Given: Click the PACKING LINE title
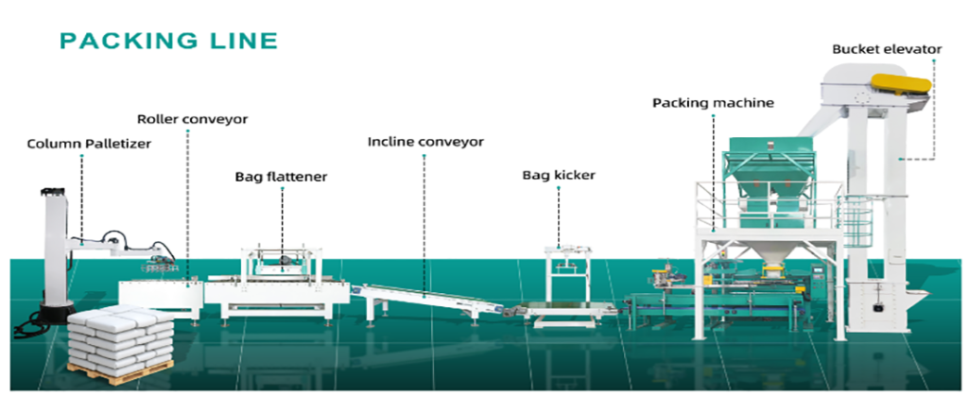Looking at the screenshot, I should [x=168, y=41].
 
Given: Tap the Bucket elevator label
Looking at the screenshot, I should [x=886, y=49].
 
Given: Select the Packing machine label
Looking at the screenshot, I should [x=713, y=102].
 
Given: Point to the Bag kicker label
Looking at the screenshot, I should [x=559, y=175].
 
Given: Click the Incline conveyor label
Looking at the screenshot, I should [x=424, y=142].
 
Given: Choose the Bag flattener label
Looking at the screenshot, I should [x=281, y=176].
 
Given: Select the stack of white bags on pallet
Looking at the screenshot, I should [x=121, y=336].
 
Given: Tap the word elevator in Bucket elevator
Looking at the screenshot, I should [x=910, y=49].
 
